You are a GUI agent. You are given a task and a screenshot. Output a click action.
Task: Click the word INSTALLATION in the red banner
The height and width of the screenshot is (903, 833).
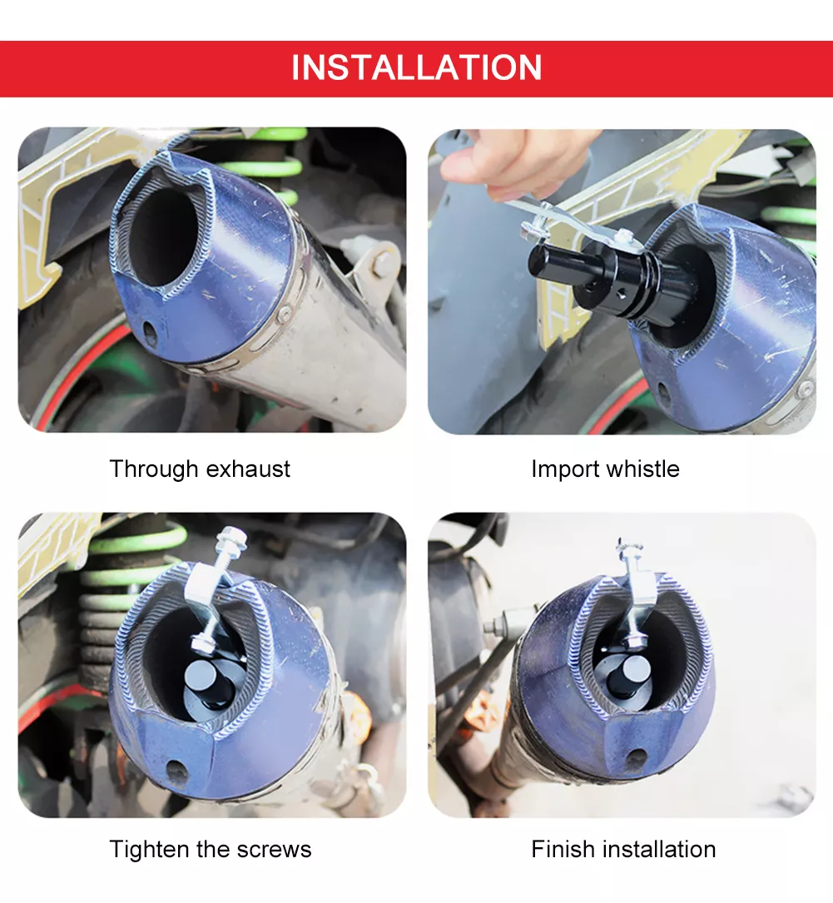(x=416, y=67)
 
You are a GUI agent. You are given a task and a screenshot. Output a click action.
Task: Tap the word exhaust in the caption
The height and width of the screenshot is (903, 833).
(x=248, y=469)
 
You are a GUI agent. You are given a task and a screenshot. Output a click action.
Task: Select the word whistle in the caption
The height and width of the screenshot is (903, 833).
(x=642, y=469)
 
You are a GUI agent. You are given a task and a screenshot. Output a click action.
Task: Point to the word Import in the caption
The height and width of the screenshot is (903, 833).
(x=565, y=469)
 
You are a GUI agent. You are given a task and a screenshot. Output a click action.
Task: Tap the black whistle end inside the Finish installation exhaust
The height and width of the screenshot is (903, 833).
(x=628, y=675)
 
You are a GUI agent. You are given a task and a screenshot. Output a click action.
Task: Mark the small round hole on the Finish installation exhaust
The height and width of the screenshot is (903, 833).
(x=635, y=758)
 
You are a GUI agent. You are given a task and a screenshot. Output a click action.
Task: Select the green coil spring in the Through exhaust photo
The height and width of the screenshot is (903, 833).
(x=262, y=167)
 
